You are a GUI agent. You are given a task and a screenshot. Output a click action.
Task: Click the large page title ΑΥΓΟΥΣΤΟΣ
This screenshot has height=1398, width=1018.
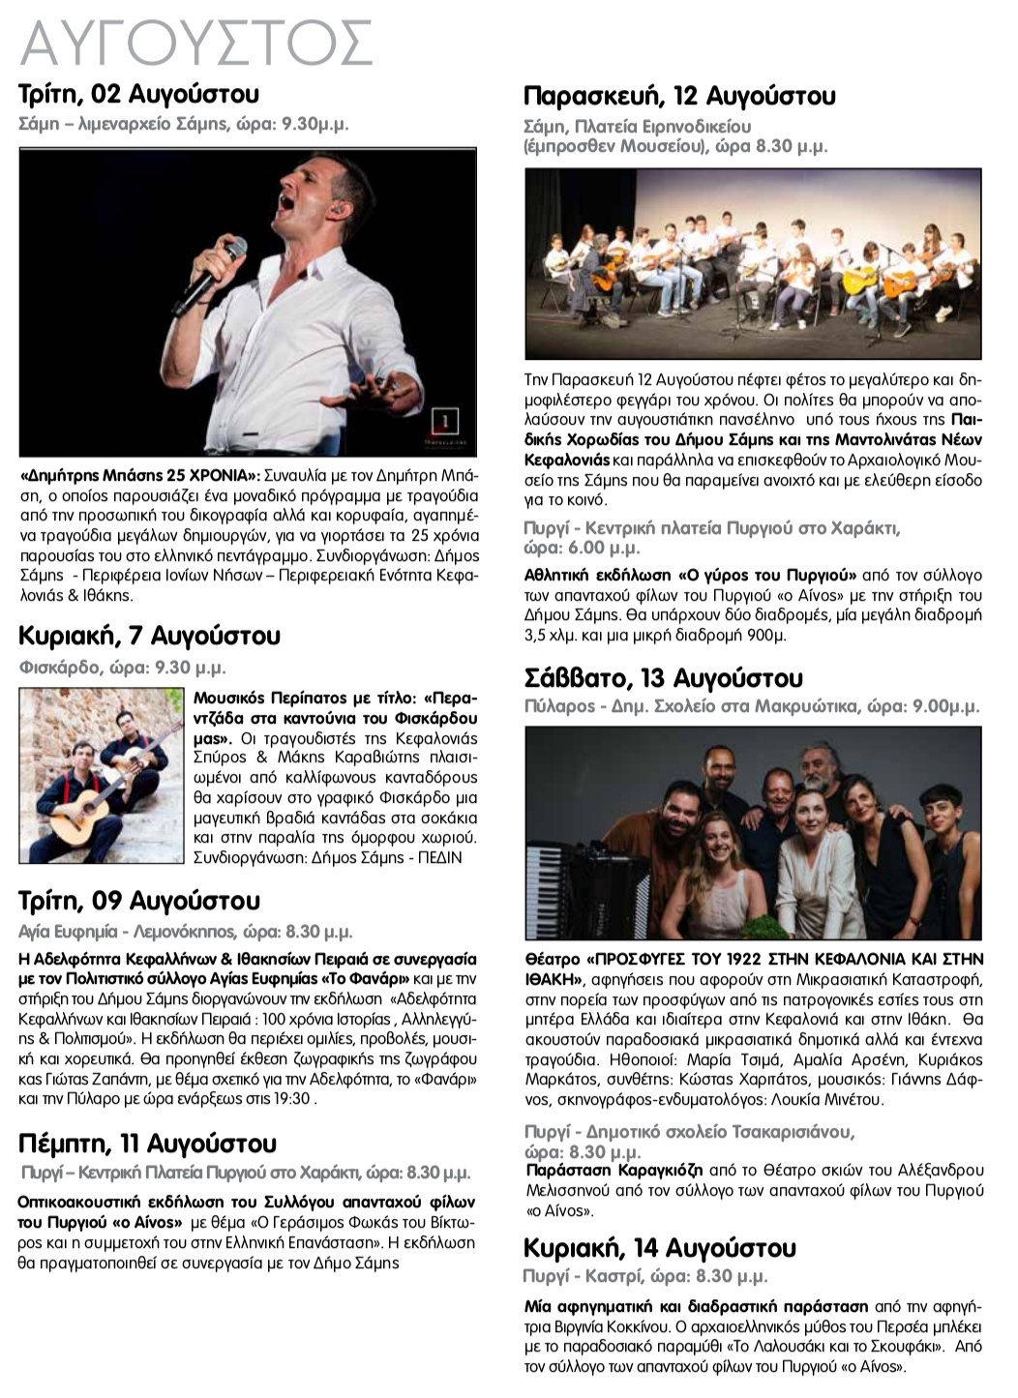point(196,44)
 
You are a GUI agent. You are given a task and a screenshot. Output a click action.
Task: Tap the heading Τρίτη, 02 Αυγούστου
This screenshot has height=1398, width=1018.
point(139,95)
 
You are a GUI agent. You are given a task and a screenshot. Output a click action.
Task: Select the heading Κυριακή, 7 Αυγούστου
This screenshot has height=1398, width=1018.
point(150,636)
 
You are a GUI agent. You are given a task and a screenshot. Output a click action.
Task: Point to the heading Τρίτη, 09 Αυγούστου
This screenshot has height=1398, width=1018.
point(139,901)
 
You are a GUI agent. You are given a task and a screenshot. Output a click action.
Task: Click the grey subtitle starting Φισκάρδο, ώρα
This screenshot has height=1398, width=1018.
point(123,668)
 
